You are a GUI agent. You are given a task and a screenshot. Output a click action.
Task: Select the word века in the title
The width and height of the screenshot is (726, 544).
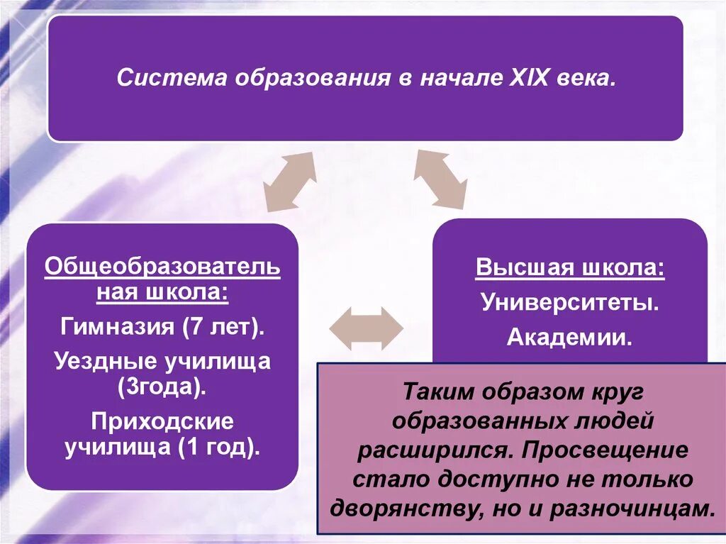587,78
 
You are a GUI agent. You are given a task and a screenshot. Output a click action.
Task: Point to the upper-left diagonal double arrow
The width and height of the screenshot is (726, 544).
290,180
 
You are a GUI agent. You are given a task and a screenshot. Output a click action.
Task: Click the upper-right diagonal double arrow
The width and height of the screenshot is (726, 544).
440,179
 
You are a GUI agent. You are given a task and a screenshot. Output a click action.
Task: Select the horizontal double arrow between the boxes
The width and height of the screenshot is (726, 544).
367,328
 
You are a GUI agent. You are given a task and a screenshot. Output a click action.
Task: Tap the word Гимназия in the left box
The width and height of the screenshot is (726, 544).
117,327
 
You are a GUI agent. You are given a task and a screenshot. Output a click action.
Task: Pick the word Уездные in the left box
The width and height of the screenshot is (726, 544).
106,362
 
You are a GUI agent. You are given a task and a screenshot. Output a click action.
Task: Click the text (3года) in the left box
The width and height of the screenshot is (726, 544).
162,387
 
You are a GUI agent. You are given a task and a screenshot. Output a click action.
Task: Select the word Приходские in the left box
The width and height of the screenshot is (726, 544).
162,421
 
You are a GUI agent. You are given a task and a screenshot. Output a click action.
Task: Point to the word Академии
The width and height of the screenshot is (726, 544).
570,337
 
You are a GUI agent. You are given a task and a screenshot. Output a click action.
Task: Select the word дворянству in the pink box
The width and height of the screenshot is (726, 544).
413,508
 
